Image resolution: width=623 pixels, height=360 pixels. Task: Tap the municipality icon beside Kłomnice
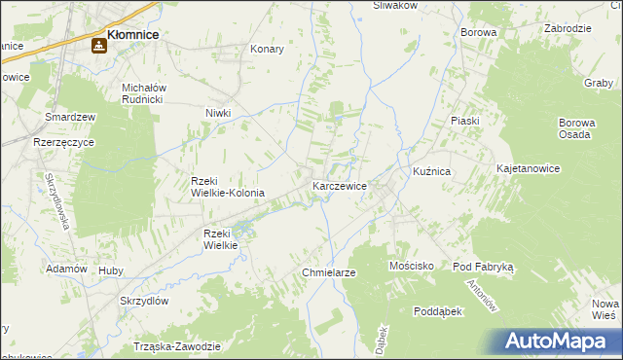(x=99, y=45)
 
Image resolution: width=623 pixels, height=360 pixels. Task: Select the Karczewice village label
(x=339, y=185)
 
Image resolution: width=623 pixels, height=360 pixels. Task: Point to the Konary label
(x=267, y=49)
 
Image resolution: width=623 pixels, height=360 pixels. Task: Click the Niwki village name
(x=217, y=113)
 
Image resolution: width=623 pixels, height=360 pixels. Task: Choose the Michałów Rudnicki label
(x=146, y=93)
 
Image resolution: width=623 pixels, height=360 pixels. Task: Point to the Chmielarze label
(x=329, y=272)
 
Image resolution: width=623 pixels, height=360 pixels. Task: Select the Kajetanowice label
(x=528, y=168)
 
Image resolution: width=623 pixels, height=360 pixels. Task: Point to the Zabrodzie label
(x=568, y=29)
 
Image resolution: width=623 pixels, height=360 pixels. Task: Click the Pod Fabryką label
(x=489, y=266)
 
